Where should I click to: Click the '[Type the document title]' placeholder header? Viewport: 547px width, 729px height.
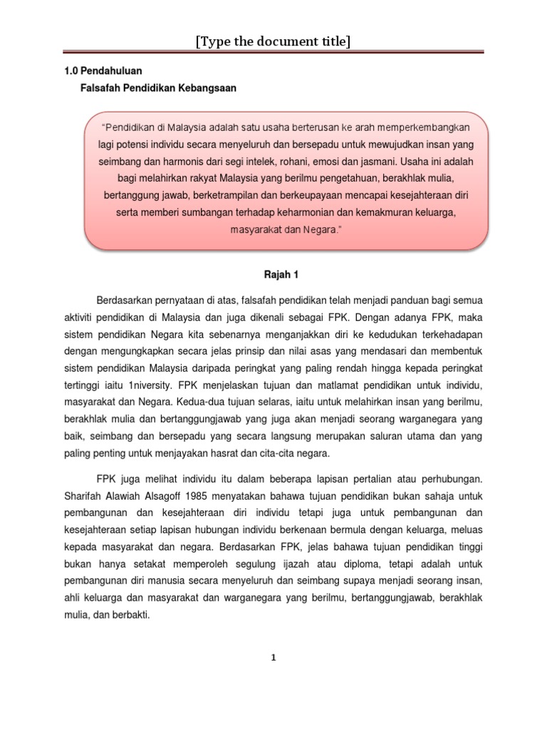pyautogui.click(x=273, y=43)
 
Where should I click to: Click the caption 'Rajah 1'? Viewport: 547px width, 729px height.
pyautogui.click(x=273, y=273)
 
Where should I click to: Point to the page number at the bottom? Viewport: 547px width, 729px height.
pyautogui.click(x=273, y=658)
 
